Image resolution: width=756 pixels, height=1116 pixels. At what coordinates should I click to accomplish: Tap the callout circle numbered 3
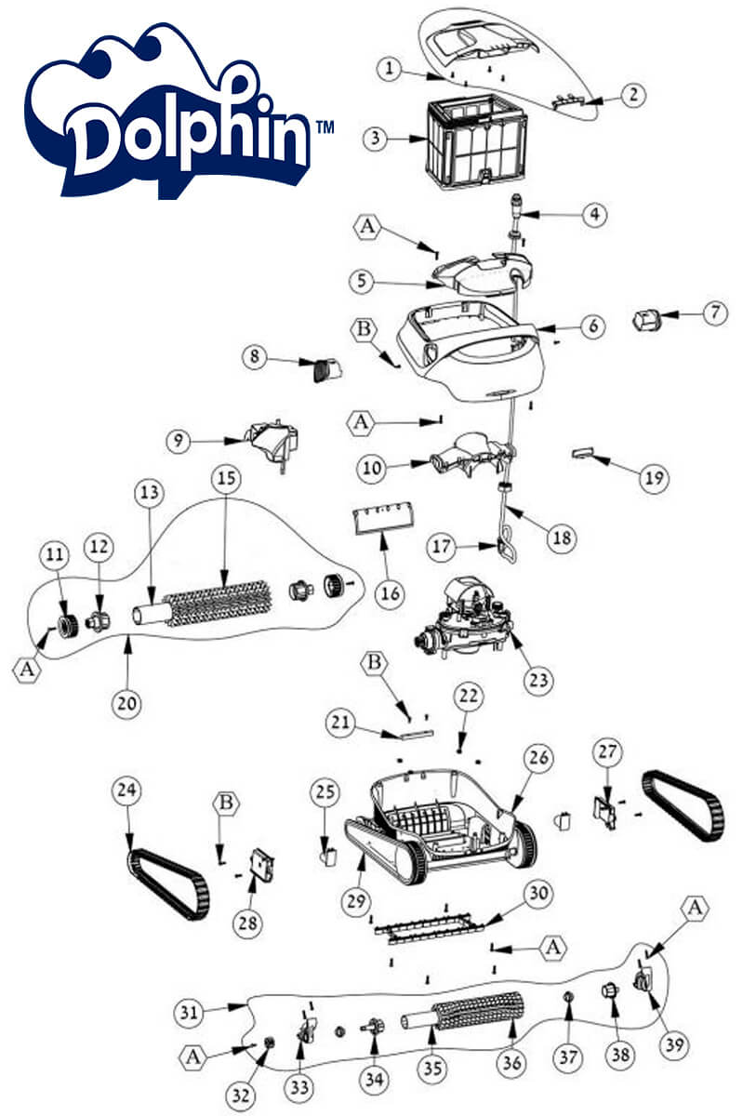pos(376,138)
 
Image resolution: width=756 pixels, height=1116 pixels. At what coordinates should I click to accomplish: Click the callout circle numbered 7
pos(715,312)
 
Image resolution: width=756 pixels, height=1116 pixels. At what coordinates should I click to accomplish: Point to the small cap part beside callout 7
pos(646,319)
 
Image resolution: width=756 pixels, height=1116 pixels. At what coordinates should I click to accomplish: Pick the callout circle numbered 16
pos(390,593)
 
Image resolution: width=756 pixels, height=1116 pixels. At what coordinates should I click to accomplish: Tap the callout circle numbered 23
pos(538,680)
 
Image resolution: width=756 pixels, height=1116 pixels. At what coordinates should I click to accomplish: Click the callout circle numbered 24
pos(126,790)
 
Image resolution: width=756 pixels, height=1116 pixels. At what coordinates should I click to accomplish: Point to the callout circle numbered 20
pos(126,703)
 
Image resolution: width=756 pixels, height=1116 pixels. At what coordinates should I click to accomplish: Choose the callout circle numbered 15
pos(226,478)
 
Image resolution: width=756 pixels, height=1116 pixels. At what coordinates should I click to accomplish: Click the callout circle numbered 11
pos(55,554)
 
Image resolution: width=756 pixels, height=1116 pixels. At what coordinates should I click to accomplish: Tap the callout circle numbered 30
pos(538,893)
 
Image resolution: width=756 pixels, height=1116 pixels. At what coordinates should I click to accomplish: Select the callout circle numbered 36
pos(511,1062)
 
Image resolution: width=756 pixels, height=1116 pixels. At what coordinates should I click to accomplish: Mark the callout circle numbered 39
pos(674,1044)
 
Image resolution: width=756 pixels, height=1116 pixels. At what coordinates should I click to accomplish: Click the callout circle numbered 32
pos(241,1096)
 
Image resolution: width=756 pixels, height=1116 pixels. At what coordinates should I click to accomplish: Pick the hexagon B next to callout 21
pos(375,662)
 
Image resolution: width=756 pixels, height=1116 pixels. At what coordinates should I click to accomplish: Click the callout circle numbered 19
pos(654,478)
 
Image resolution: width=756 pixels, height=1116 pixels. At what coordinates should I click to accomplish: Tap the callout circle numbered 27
pos(607,751)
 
